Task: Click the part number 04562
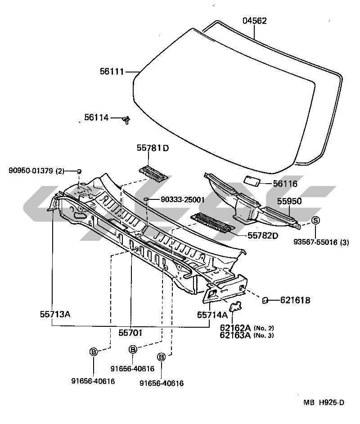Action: coord(255,21)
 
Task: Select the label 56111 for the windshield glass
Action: coord(112,71)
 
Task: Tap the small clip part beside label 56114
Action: coord(127,120)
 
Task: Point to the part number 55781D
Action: coord(153,148)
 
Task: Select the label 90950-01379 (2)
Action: coord(36,171)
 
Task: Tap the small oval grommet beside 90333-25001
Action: coord(147,198)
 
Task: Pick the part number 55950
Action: coord(289,201)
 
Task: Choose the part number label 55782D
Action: coord(263,235)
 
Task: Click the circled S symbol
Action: coord(315,220)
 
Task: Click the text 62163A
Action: coord(235,335)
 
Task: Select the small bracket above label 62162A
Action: coord(234,307)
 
